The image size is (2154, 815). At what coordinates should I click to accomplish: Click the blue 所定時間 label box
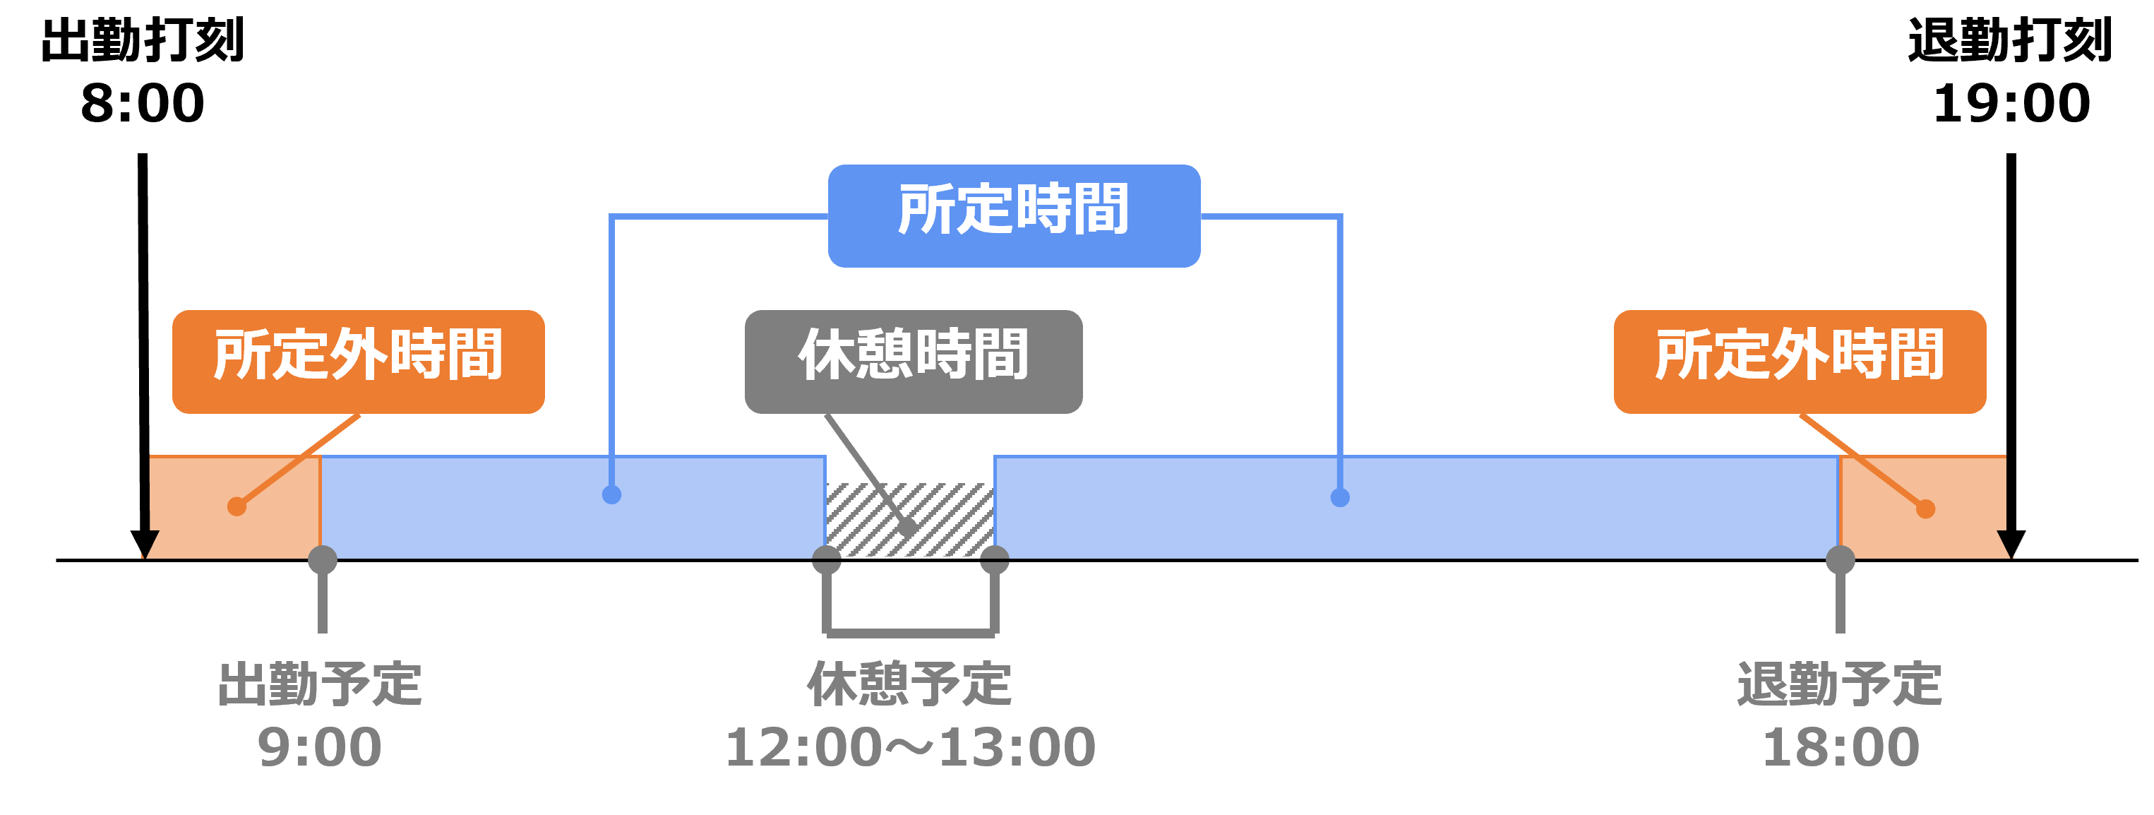click(1013, 216)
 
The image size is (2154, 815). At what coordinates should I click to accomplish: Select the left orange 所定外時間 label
click(358, 362)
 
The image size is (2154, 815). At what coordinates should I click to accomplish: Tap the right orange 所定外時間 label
click(1800, 362)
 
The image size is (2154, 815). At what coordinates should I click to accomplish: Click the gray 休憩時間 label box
click(913, 362)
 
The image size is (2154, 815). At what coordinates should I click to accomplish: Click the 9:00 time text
click(319, 747)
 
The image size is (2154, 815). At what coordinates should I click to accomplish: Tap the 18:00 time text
click(1841, 747)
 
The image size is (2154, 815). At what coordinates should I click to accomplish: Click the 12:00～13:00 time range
click(910, 747)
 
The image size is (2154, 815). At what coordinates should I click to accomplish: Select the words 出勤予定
click(319, 684)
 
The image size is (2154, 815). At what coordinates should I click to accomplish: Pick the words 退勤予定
click(1840, 684)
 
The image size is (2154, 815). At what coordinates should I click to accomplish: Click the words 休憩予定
click(910, 684)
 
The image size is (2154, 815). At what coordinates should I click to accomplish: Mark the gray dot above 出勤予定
click(323, 559)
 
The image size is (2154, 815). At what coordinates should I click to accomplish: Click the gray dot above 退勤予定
click(1841, 559)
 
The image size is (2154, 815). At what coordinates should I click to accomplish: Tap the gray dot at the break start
click(826, 559)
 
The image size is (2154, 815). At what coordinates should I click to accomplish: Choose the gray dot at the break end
click(994, 559)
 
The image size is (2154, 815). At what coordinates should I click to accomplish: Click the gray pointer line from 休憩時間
click(866, 470)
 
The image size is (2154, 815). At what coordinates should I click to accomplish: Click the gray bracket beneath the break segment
click(910, 633)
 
